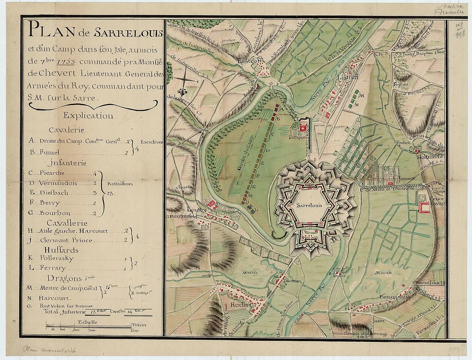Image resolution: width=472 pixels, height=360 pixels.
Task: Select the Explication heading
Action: tap(88, 116)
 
